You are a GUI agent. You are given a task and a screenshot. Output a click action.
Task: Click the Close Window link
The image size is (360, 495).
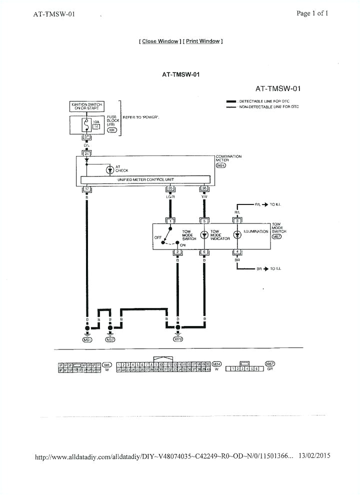point(160,41)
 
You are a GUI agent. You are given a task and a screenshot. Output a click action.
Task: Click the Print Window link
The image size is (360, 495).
point(202,41)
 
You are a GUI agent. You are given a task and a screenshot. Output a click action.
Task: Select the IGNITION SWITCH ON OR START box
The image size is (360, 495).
point(86,106)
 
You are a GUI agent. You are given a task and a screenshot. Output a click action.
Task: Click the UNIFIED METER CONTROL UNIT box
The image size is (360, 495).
point(145,179)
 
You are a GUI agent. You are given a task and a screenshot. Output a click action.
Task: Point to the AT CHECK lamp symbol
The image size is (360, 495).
point(110,169)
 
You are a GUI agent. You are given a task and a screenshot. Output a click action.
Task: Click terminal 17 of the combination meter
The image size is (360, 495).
point(86,189)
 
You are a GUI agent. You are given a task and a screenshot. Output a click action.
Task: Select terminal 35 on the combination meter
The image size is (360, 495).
point(170,189)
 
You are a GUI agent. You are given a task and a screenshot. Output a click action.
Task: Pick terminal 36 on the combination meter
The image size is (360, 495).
point(204,189)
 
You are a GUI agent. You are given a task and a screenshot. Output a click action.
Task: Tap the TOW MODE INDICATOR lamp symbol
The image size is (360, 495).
point(204,234)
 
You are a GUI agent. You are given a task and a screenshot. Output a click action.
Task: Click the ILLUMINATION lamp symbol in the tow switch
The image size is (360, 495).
point(238,234)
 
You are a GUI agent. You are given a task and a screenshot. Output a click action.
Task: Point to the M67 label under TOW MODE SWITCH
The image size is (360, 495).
point(276,236)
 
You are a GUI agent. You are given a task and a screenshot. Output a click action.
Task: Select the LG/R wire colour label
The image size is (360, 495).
point(170,196)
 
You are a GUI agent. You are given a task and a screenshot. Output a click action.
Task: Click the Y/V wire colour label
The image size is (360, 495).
point(204,196)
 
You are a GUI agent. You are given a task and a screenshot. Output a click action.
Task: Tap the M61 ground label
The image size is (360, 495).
point(86,339)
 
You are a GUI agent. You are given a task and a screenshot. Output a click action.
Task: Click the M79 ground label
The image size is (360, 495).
point(177,339)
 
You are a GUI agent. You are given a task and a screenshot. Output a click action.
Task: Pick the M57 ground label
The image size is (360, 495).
point(110,339)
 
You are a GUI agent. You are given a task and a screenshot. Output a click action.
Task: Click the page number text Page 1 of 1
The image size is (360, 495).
point(312,13)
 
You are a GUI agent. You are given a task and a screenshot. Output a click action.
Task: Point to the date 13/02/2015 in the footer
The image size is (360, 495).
point(314,456)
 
